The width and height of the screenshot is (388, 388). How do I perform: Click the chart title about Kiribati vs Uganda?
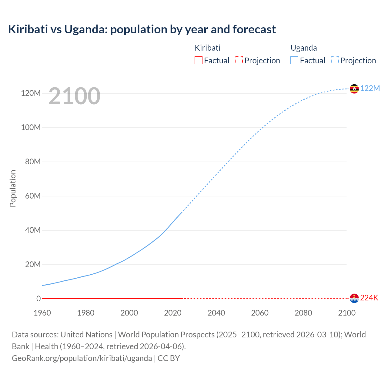pos(142,29)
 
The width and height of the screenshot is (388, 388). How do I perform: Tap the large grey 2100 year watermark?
pos(74,96)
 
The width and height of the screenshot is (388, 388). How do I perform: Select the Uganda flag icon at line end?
pos(354,89)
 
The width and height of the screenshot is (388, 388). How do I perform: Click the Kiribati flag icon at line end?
pos(354,298)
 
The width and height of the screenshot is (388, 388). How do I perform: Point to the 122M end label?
pos(370,89)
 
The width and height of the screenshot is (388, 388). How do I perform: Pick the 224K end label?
pos(369,298)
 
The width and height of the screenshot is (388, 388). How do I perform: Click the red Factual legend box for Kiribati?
pos(198,61)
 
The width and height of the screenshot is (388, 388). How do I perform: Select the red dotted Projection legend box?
pos(239,61)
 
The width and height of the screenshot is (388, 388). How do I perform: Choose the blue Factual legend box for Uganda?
pos(294,61)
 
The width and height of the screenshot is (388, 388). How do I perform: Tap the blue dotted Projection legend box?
pos(335,61)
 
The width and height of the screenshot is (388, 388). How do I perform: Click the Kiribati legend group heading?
pos(207,48)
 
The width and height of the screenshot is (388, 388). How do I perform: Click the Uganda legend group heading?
pos(304,48)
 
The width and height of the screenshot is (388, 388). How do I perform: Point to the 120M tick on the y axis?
pos(31,93)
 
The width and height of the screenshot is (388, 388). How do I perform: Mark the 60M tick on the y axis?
pos(33,196)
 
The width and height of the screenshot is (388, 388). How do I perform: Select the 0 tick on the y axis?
pos(38,299)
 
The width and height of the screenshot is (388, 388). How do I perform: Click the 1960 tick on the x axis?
pos(42,313)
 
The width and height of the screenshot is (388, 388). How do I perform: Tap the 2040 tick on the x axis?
pos(216,313)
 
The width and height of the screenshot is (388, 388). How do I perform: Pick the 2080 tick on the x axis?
pos(303,313)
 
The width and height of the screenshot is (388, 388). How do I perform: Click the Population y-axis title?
pos(13,188)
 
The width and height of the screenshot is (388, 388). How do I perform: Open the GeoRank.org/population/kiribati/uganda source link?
pos(82,358)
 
